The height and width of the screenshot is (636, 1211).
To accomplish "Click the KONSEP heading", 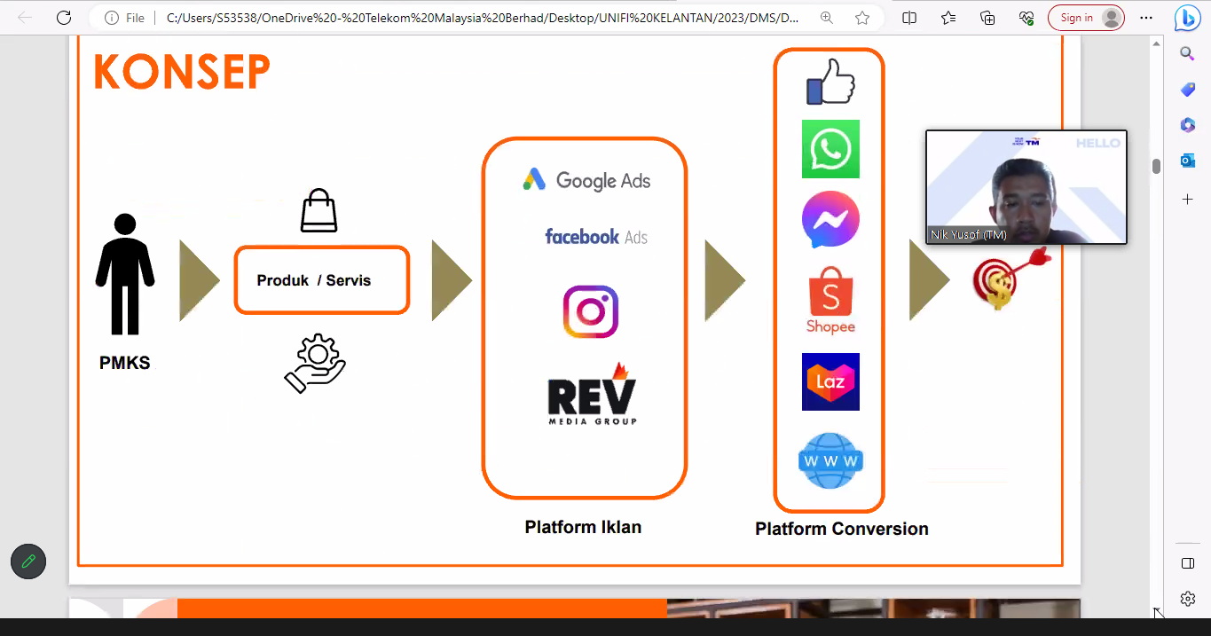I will click(182, 72).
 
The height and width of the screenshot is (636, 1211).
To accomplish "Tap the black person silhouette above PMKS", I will click(125, 274).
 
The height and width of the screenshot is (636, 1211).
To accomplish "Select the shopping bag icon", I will click(318, 211).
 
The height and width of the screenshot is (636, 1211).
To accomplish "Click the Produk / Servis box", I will click(321, 280).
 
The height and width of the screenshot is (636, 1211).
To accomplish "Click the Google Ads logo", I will click(586, 180).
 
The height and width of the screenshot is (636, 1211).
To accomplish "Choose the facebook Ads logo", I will click(595, 237).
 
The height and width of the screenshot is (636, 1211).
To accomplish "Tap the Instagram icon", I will click(590, 311).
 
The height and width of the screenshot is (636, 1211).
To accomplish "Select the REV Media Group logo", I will click(592, 395).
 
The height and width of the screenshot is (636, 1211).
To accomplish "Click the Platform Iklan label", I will click(583, 527).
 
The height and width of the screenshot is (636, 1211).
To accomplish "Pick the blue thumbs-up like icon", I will click(830, 82).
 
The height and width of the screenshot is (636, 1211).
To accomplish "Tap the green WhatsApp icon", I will click(830, 149).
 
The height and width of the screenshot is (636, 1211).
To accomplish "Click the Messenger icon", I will click(830, 220).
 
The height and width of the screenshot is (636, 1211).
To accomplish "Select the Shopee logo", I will click(830, 300).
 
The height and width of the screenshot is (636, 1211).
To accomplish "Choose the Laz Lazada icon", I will click(830, 381).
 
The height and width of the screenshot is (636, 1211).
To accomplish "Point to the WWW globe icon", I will click(830, 460).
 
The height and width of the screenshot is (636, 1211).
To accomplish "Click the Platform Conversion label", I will click(841, 529).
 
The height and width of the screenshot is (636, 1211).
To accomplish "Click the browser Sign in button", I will click(1085, 18).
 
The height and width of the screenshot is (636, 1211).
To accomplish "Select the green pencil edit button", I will click(28, 561).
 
